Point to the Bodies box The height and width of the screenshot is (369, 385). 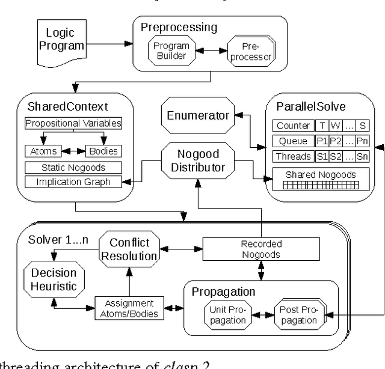(x=103, y=151)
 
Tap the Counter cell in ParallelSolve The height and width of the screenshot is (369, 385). (x=293, y=126)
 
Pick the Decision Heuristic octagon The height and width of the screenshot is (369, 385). (x=54, y=280)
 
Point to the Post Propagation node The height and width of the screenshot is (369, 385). (x=297, y=315)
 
